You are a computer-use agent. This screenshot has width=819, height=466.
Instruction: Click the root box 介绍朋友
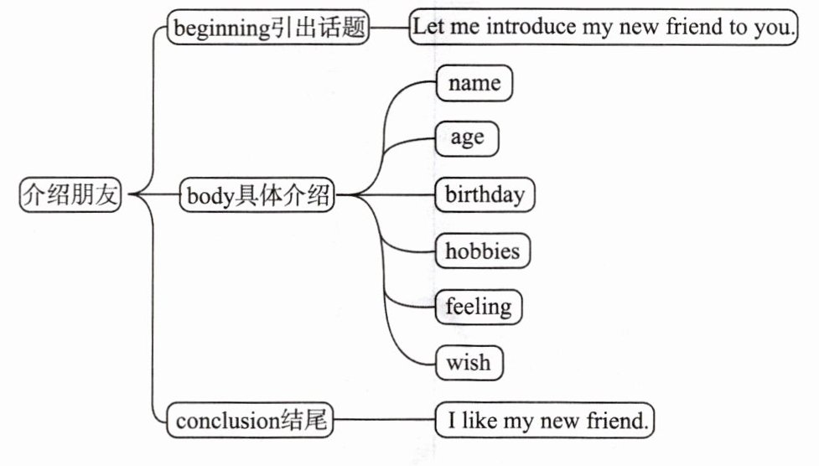coord(70,196)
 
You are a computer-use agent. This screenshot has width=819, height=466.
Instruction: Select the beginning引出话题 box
coord(268,28)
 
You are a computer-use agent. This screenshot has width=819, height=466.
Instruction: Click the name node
coord(474,84)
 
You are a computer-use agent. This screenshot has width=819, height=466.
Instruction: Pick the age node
coord(467,138)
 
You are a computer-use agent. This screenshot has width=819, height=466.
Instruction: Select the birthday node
coord(485,195)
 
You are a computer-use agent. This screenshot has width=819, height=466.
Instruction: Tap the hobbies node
coord(482,251)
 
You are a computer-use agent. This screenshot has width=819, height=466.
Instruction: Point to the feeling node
coord(478,307)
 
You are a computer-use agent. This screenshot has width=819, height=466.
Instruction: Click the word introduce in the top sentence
coord(531,27)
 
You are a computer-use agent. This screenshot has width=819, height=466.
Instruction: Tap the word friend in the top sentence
coord(694,27)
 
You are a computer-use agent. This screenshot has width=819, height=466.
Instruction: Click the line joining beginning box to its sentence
coord(389,27)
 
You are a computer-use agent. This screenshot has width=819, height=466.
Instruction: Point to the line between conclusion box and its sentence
coord(384,421)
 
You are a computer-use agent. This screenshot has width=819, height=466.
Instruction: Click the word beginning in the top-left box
coord(219,28)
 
